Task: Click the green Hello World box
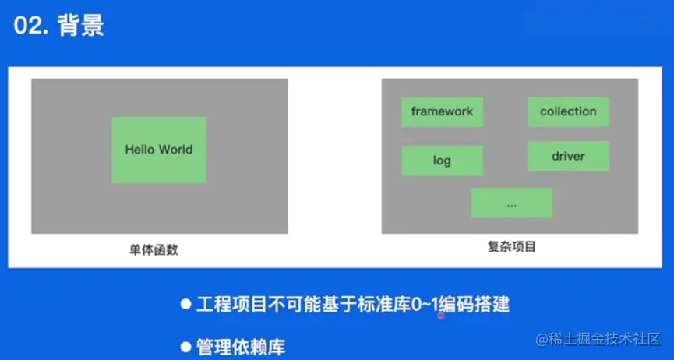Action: coord(159,150)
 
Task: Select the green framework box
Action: coord(442,112)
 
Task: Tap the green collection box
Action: coord(568,112)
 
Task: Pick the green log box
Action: coord(442,161)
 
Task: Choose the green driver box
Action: coord(568,156)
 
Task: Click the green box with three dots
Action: coord(511,203)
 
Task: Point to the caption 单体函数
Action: coord(154,250)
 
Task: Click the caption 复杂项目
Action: coord(511,247)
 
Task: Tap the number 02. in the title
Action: coord(32,26)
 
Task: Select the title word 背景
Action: coord(81,26)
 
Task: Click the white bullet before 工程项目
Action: coord(185,305)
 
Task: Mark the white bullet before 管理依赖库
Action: coord(185,347)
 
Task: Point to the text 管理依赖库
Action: coord(241,347)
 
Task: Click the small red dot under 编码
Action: coord(440,316)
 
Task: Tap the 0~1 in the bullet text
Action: coord(425,305)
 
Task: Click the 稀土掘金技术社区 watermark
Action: coord(598,339)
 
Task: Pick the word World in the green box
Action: coord(176,150)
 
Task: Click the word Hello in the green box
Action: coord(140,150)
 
